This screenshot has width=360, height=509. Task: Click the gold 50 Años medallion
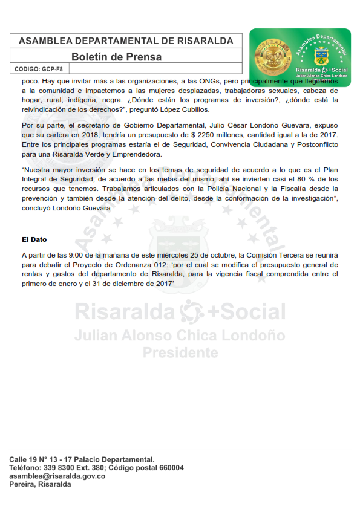click(x=270, y=56)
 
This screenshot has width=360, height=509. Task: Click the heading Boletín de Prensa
click(x=117, y=57)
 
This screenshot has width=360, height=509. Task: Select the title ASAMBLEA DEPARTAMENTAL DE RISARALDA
click(x=126, y=41)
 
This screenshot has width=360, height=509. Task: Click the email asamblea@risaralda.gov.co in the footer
click(x=57, y=476)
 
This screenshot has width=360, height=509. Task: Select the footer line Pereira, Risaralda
click(x=40, y=485)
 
